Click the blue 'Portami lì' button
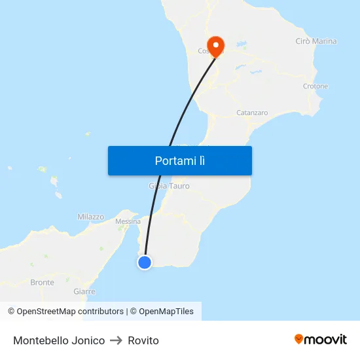pyautogui.click(x=179, y=160)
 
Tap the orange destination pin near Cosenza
pyautogui.click(x=215, y=44)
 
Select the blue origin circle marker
pyautogui.click(x=144, y=262)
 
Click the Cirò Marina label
pyautogui.click(x=316, y=41)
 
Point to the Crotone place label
pyautogui.click(x=315, y=86)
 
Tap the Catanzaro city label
pyautogui.click(x=252, y=113)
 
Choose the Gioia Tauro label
pyautogui.click(x=170, y=186)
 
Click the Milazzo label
pyautogui.click(x=91, y=217)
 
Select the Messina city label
pyautogui.click(x=128, y=222)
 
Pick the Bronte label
pyautogui.click(x=43, y=283)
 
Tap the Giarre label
pyautogui.click(x=84, y=291)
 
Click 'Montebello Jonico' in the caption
pyautogui.click(x=59, y=340)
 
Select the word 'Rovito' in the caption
pyautogui.click(x=143, y=340)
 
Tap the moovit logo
pyautogui.click(x=320, y=339)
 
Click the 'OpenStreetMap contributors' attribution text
pyautogui.click(x=70, y=312)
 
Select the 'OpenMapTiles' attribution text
pyautogui.click(x=166, y=312)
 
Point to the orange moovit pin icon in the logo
pyautogui.click(x=299, y=339)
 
